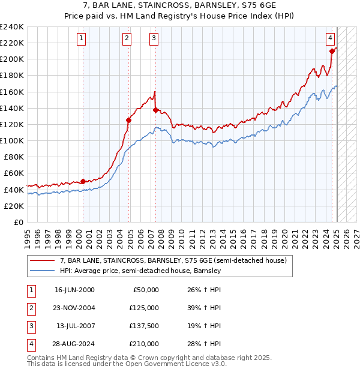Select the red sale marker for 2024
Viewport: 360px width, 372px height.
[x=332, y=51]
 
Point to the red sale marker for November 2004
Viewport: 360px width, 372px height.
[x=128, y=120]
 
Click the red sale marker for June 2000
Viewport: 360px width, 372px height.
[x=83, y=181]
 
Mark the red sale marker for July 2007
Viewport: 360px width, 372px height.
[x=155, y=110]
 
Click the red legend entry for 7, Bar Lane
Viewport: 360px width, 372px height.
[x=174, y=260]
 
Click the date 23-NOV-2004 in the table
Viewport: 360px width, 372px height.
[x=74, y=308]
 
